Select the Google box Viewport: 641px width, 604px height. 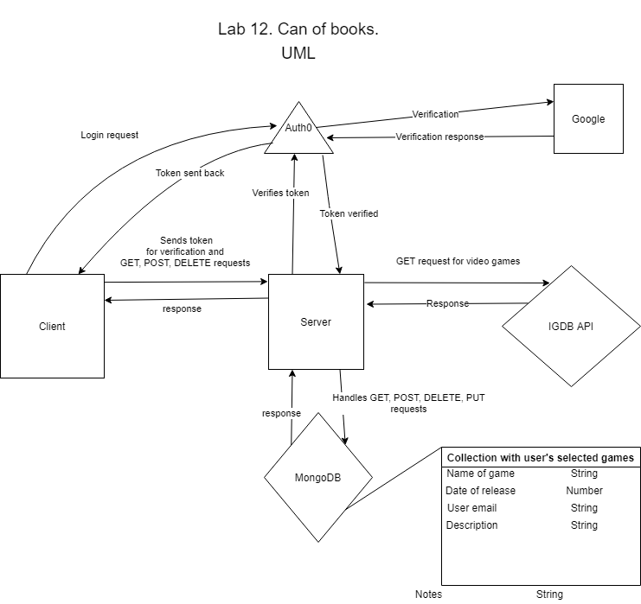[x=588, y=119]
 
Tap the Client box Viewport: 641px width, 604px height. [x=52, y=326]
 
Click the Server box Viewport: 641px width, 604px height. [x=316, y=321]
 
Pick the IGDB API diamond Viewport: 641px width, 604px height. [x=571, y=326]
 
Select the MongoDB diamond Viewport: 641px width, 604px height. [x=318, y=477]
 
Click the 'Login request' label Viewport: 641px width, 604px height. [x=110, y=135]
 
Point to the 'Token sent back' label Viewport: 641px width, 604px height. [x=189, y=173]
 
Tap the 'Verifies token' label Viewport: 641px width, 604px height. [x=280, y=193]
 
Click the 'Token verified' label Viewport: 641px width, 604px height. [x=349, y=213]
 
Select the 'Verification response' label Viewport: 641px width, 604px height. [x=439, y=137]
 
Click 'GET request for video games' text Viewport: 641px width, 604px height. [x=458, y=261]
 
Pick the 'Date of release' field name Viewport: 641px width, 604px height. [x=480, y=491]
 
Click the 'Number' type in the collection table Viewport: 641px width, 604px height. [x=584, y=491]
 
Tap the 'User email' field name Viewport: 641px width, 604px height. [x=471, y=507]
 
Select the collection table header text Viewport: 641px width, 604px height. [x=541, y=457]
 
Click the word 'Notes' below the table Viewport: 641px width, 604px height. [x=428, y=594]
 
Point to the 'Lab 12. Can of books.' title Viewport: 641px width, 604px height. [x=298, y=29]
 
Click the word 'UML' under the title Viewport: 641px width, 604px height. [x=298, y=53]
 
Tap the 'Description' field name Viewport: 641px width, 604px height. [x=471, y=525]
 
